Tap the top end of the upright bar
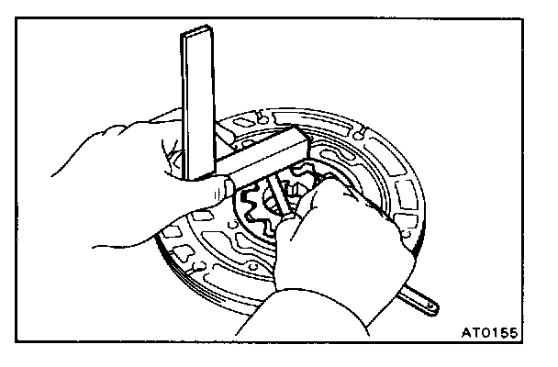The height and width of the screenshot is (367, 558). [198, 35]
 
